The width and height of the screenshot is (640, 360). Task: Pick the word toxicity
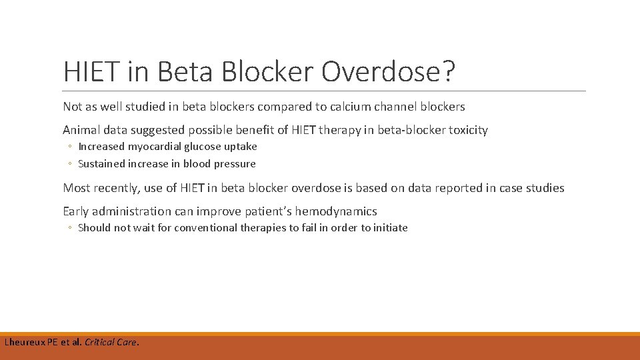point(465,130)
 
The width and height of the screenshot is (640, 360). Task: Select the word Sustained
point(101,164)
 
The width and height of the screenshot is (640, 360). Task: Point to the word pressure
point(234,164)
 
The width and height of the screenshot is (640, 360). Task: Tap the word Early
point(76,211)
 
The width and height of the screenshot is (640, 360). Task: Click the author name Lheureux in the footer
point(25,343)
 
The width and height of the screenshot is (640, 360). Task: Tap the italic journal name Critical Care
point(111,343)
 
